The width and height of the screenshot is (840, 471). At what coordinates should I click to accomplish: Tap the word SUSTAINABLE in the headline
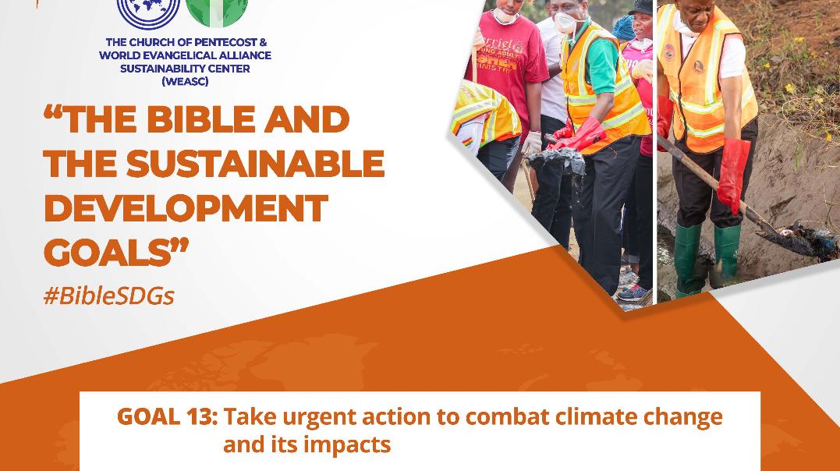click(x=256, y=164)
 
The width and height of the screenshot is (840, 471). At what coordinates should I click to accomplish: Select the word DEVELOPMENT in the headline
click(x=186, y=208)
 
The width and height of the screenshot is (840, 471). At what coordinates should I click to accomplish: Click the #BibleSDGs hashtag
click(x=108, y=296)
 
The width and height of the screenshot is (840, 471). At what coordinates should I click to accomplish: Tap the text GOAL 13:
click(x=167, y=416)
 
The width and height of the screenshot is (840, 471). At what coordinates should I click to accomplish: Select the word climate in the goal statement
click(x=596, y=416)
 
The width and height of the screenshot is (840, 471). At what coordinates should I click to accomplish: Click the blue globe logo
click(x=148, y=11)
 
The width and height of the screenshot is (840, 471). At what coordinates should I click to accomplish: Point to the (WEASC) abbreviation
click(x=185, y=81)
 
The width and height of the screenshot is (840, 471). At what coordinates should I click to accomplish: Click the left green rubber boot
click(x=687, y=259)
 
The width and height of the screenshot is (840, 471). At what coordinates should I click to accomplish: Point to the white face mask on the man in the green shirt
click(x=565, y=23)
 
